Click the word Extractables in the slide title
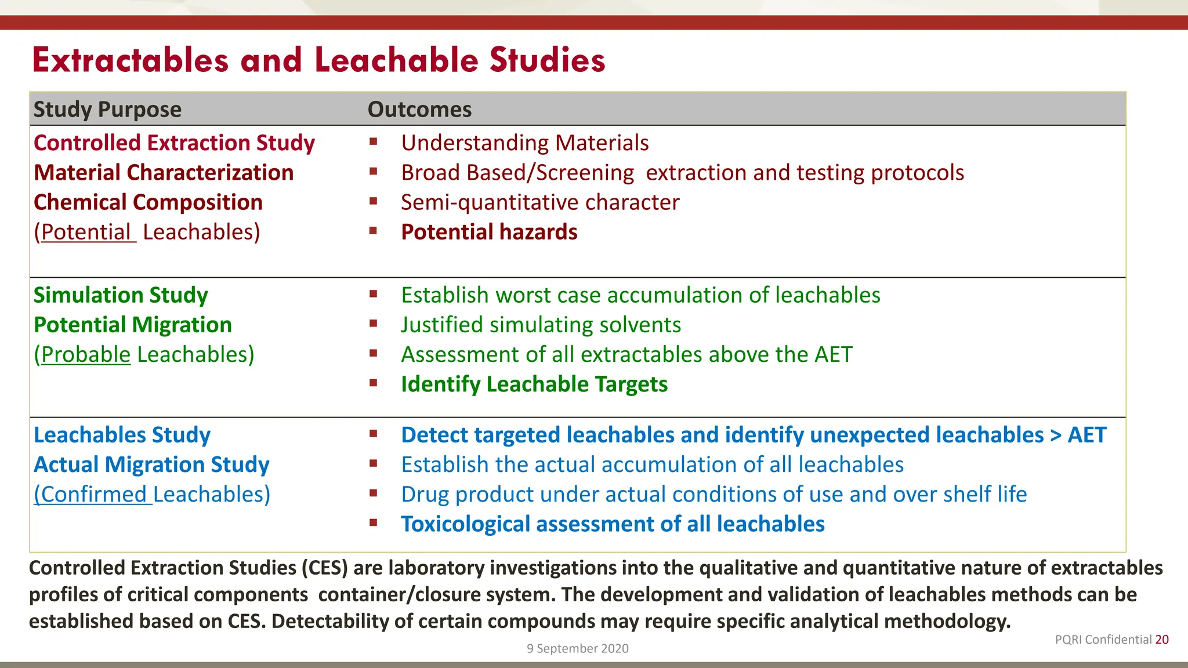click(131, 60)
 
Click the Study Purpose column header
click(107, 110)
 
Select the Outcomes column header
click(419, 110)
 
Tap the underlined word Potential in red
click(86, 232)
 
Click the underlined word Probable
click(86, 354)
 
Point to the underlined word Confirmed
click(93, 494)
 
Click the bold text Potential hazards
click(489, 232)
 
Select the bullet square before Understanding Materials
click(374, 141)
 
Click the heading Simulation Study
click(121, 295)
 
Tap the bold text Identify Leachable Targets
click(534, 384)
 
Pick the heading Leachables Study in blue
click(122, 435)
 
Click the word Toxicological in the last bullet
click(465, 524)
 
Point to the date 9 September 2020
click(577, 648)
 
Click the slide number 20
click(1161, 640)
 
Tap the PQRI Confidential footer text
click(1103, 640)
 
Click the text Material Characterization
click(164, 173)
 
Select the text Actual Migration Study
click(151, 464)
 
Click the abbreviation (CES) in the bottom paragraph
click(324, 568)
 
